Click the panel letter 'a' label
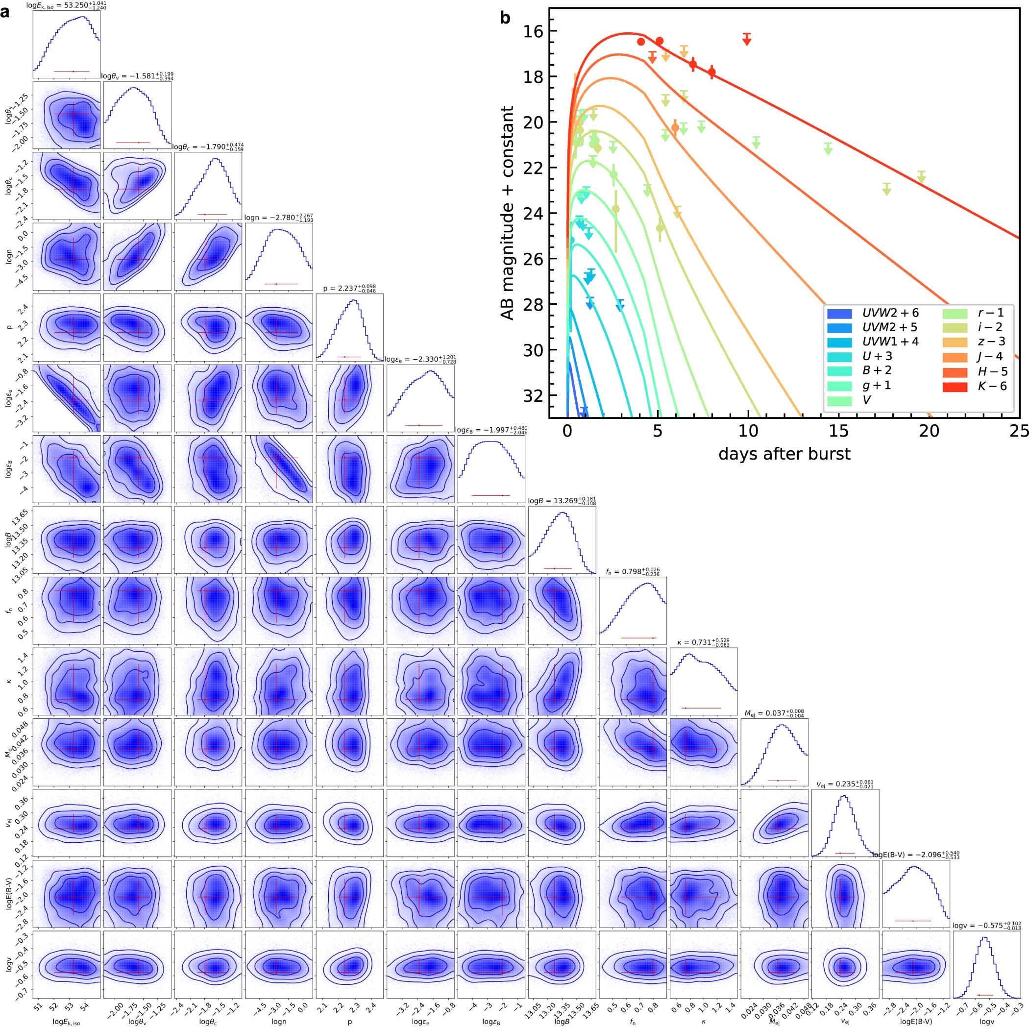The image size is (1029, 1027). [x=5, y=12]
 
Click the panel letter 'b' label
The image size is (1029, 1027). [x=505, y=19]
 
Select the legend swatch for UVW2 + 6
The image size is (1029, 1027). [x=839, y=313]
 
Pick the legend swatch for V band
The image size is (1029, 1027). [x=839, y=399]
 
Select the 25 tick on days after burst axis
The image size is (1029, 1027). [x=1018, y=431]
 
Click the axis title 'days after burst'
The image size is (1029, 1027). [x=784, y=453]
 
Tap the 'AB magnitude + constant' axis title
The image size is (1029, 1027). [x=509, y=213]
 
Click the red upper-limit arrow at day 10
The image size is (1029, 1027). [x=747, y=39]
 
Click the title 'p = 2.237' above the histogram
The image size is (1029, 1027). [x=349, y=288]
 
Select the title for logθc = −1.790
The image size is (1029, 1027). [x=208, y=146]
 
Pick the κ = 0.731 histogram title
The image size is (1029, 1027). [x=703, y=643]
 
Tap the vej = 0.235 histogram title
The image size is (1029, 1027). [x=845, y=784]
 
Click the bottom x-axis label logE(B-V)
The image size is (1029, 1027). [x=915, y=1021]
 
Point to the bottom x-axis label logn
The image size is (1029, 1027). [x=278, y=1021]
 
